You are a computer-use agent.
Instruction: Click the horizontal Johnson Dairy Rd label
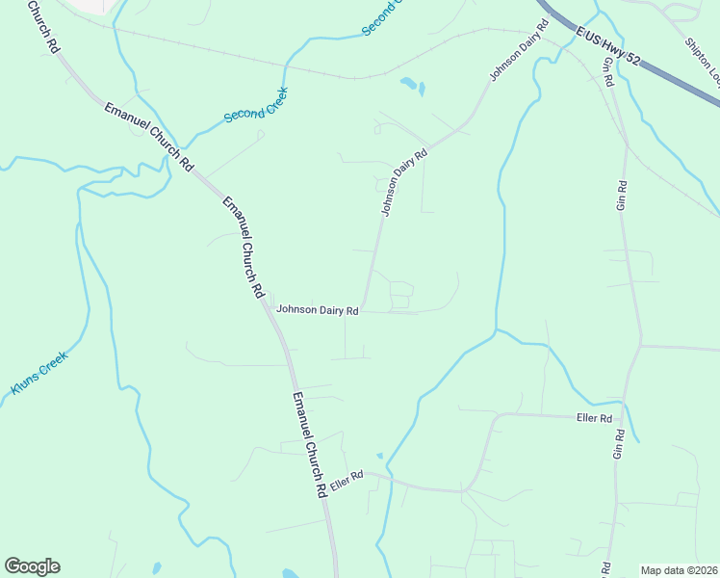coord(318,310)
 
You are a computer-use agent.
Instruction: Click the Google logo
coord(32,566)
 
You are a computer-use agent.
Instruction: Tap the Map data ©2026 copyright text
coord(679,570)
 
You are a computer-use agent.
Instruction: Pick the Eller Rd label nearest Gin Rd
coord(593,418)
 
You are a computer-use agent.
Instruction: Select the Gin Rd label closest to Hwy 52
coord(608,73)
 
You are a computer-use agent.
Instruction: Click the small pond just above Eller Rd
coord(379,456)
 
